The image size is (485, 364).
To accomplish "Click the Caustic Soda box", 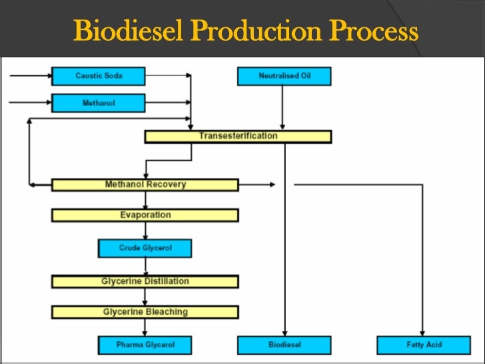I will click(x=98, y=76).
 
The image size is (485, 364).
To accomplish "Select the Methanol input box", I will click(x=98, y=103).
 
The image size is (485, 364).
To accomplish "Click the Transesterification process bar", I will click(x=238, y=136).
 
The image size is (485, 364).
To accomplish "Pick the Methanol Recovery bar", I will click(x=145, y=185).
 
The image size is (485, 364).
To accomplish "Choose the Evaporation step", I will click(x=145, y=215).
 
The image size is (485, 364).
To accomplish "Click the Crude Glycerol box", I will click(x=145, y=248).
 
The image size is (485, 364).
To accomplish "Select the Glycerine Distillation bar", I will click(x=145, y=281).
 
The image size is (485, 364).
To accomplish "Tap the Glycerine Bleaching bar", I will click(x=145, y=312).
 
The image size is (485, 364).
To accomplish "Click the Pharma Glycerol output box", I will click(x=145, y=345).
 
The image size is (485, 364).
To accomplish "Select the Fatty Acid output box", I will click(x=424, y=345).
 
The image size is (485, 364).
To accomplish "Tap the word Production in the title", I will click(x=254, y=31).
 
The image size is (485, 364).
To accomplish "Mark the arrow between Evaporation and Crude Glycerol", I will click(x=145, y=231).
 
